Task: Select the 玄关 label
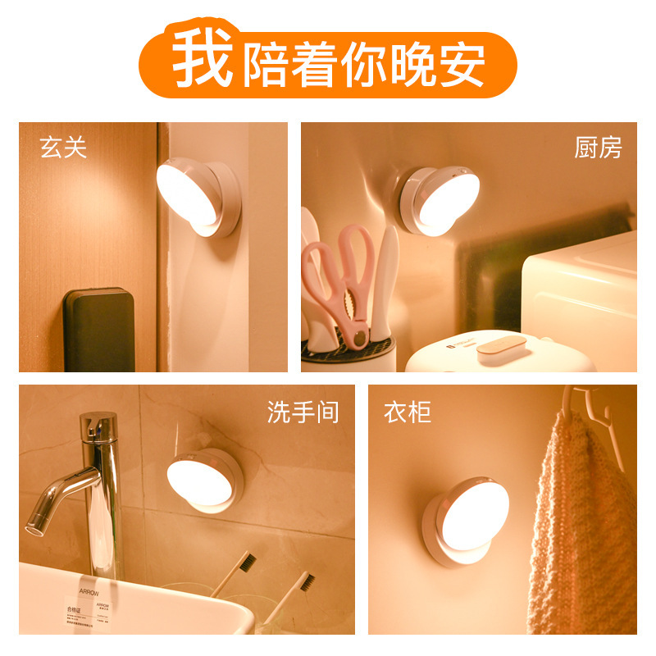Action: pos(63,148)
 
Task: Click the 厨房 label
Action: pos(598,148)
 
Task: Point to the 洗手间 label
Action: pos(303,412)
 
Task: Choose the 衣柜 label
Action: pos(408,412)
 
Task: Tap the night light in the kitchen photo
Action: pos(439,201)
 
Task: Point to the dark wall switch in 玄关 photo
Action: pos(98,328)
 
